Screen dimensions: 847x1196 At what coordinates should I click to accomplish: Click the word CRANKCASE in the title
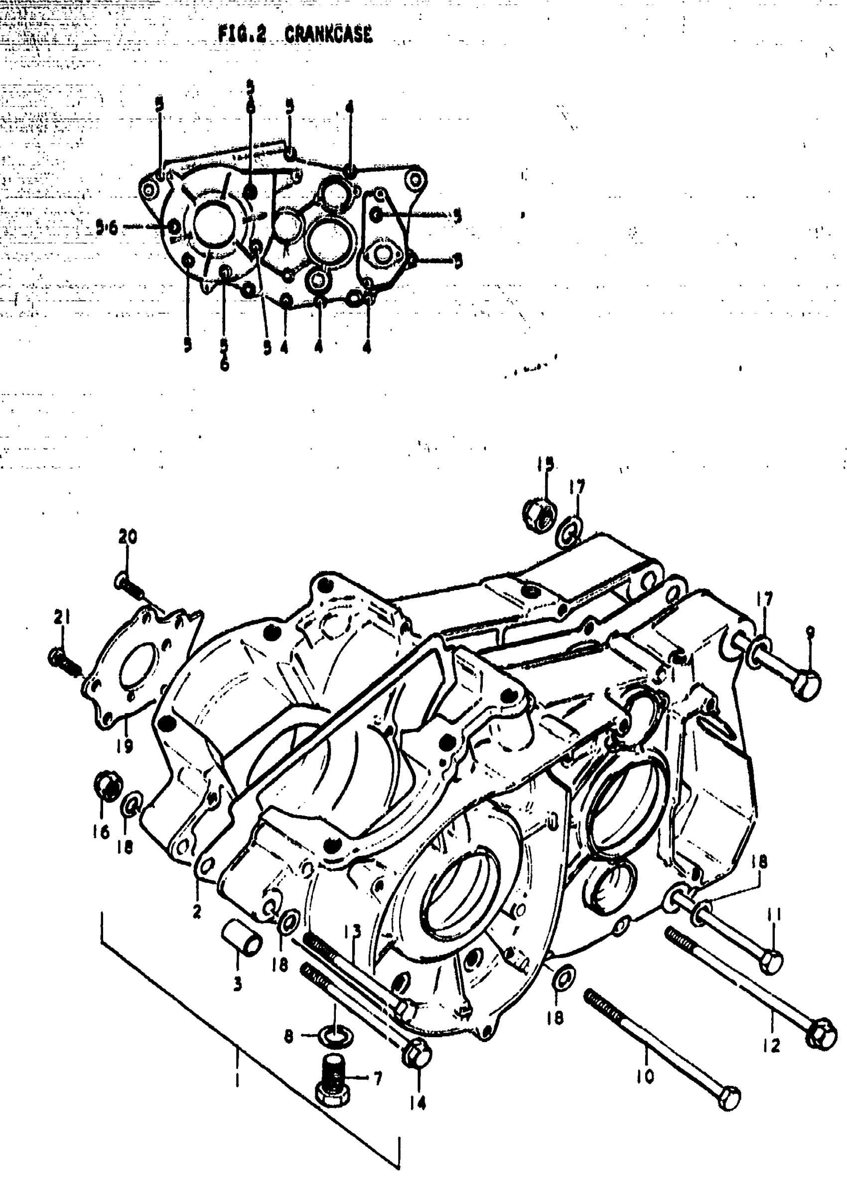tap(328, 34)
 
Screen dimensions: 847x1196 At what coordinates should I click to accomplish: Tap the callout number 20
tap(127, 536)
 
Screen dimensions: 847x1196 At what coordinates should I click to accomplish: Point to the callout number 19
tap(125, 746)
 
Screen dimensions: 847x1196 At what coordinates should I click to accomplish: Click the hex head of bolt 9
tap(807, 684)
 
